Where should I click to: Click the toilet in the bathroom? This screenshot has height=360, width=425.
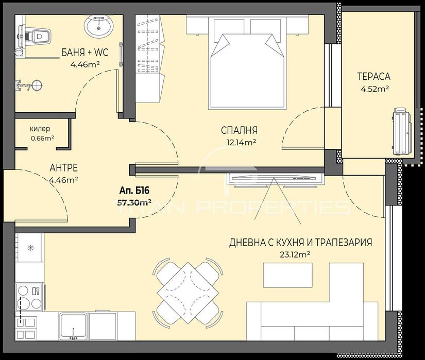[38, 36]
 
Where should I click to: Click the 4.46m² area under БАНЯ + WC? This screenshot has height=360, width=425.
[85, 64]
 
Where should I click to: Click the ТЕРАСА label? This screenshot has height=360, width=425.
[374, 77]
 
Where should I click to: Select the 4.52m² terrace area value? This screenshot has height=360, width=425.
[375, 89]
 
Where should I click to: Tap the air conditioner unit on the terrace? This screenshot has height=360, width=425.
[402, 131]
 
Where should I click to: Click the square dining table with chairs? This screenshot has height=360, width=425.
[189, 292]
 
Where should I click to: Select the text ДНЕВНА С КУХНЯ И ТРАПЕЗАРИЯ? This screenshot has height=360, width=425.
[301, 242]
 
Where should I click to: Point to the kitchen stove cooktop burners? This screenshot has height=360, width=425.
[29, 297]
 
